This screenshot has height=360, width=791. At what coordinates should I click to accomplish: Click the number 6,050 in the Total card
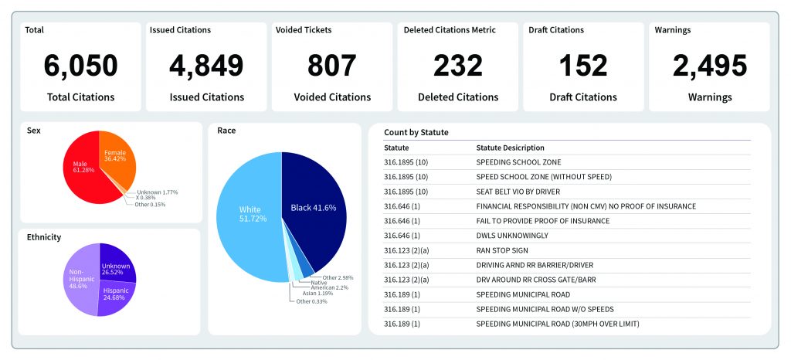click(x=80, y=66)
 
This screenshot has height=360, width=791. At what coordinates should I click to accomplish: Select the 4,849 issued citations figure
click(x=207, y=66)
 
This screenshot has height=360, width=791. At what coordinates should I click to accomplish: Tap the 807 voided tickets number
click(x=332, y=66)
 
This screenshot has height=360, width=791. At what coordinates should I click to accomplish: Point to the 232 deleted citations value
click(x=458, y=66)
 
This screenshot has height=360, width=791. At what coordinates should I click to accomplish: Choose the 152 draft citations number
click(x=583, y=66)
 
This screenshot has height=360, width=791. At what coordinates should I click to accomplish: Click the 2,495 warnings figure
click(x=710, y=66)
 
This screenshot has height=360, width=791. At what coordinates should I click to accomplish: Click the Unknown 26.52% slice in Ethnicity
click(x=117, y=267)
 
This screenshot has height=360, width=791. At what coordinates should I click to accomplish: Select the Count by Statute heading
click(x=416, y=133)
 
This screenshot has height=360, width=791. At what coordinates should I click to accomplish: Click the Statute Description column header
click(x=510, y=148)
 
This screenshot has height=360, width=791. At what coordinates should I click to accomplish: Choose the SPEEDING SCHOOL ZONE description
click(x=518, y=162)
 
